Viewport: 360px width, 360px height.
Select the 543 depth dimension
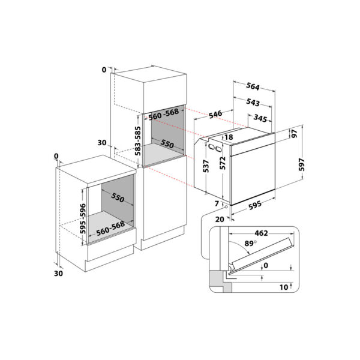point(253,103)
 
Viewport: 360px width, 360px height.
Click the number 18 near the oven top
point(229,137)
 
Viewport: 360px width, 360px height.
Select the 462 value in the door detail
point(260,233)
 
